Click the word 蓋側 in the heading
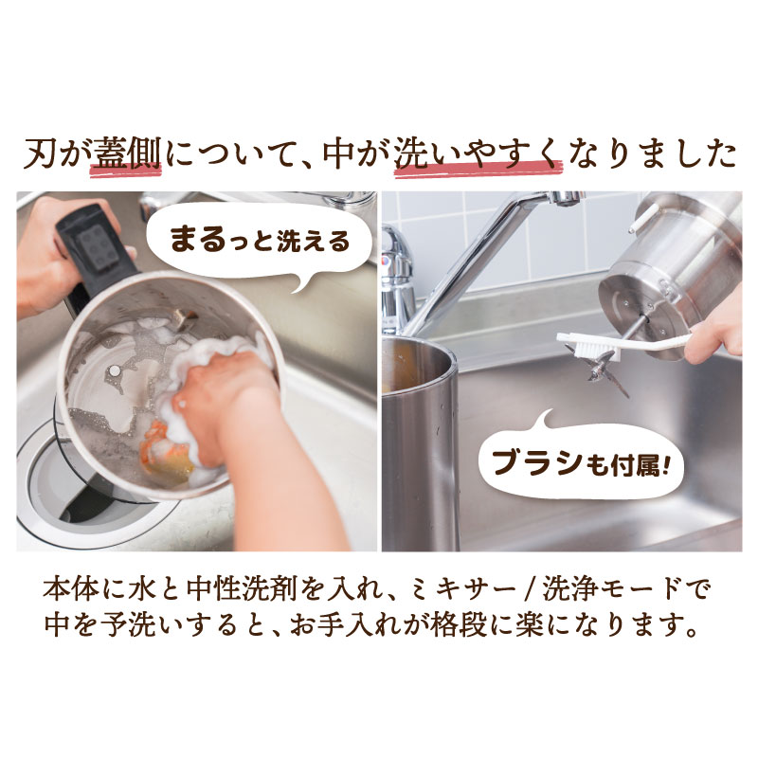127,153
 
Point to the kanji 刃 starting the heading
39,153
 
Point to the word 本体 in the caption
63,589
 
